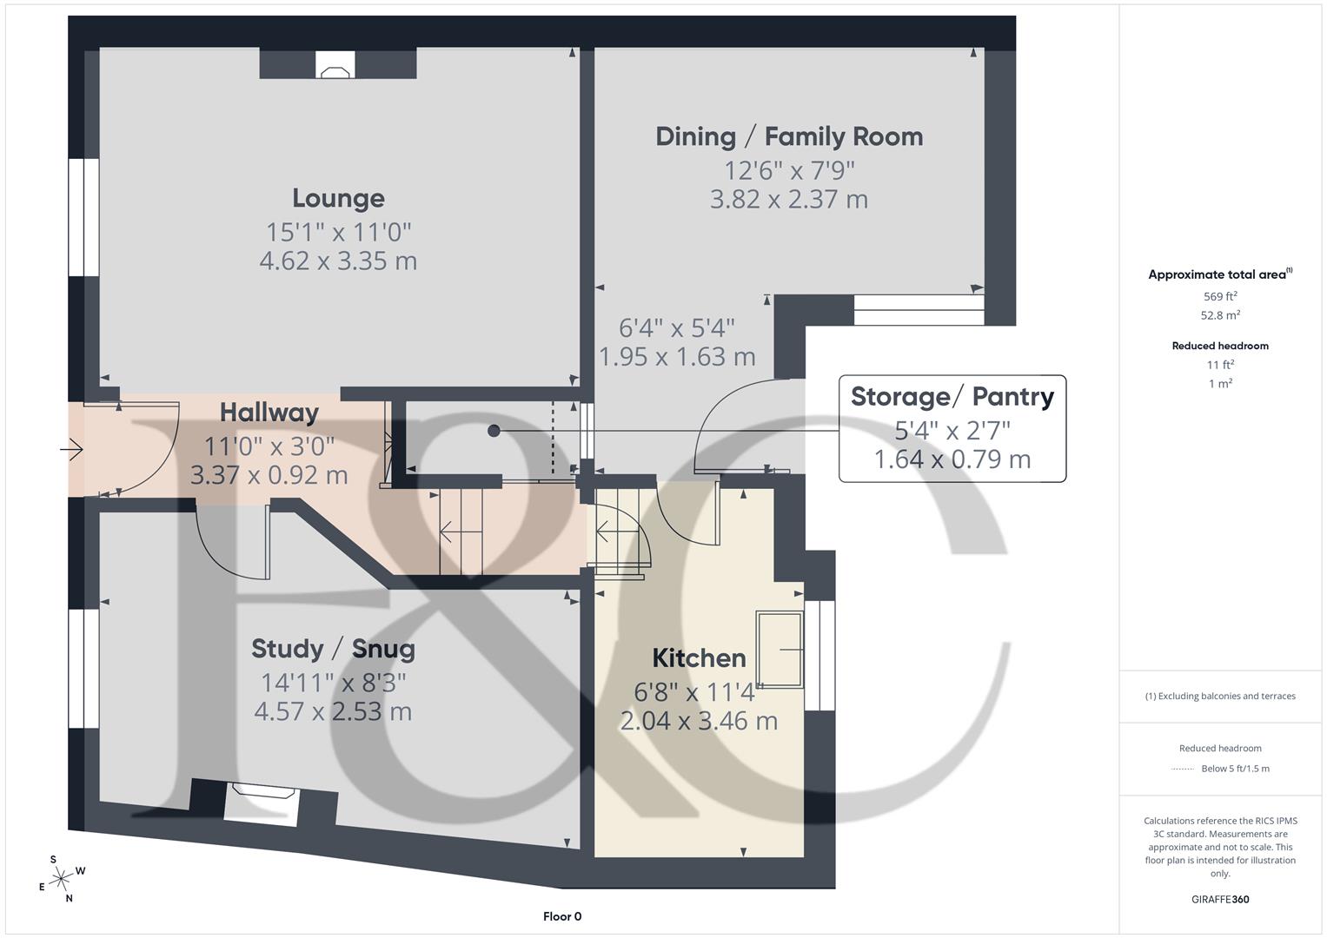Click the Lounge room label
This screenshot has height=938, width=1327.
click(338, 199)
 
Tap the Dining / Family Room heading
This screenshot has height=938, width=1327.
click(788, 137)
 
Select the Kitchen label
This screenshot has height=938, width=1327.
click(699, 658)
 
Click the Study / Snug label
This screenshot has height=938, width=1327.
click(333, 649)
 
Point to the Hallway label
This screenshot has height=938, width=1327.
click(269, 413)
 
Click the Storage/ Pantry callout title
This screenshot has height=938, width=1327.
click(952, 397)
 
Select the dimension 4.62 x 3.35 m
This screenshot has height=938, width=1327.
click(338, 261)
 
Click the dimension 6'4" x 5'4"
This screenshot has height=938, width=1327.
click(676, 328)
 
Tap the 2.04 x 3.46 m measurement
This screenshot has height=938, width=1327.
click(698, 721)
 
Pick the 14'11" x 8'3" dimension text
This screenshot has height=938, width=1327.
click(333, 684)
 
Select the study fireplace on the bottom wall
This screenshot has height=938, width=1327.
click(262, 802)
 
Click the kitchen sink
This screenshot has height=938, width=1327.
click(780, 649)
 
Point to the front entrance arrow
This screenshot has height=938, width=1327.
click(71, 450)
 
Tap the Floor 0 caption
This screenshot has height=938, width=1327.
click(561, 916)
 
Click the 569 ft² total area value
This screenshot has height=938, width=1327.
click(1220, 297)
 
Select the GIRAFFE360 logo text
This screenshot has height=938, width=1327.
click(1219, 899)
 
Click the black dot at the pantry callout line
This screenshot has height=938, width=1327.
click(494, 431)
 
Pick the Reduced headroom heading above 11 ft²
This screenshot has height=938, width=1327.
click(1220, 346)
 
